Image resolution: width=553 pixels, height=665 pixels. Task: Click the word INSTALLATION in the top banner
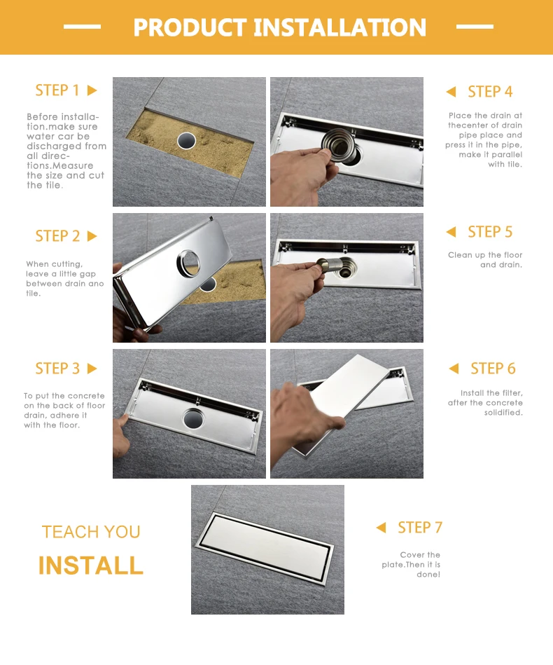point(340,27)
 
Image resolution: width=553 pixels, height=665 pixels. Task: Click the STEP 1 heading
point(57,90)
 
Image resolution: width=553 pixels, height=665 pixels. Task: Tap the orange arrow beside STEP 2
point(92,236)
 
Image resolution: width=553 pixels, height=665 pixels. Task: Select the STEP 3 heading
point(57,369)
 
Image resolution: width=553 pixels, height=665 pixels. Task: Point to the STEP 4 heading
point(490,92)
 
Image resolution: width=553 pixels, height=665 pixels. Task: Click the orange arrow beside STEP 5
point(451,232)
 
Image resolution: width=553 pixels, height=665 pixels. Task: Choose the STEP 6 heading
point(493,369)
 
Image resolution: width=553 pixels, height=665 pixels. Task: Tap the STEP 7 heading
point(420,528)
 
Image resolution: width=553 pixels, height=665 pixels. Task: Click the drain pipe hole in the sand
point(186,141)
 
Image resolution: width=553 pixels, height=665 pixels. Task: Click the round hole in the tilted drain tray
point(188,263)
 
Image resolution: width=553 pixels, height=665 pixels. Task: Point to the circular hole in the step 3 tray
point(193,418)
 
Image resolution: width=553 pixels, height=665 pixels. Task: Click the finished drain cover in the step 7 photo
point(265,549)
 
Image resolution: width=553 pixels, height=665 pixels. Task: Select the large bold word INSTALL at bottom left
point(91,565)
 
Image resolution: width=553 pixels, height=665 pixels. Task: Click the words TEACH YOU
point(91,532)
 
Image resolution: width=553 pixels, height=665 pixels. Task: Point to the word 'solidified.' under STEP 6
point(503,413)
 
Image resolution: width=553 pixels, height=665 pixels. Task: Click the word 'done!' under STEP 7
point(428,575)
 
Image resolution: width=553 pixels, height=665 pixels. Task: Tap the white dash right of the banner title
point(475,27)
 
